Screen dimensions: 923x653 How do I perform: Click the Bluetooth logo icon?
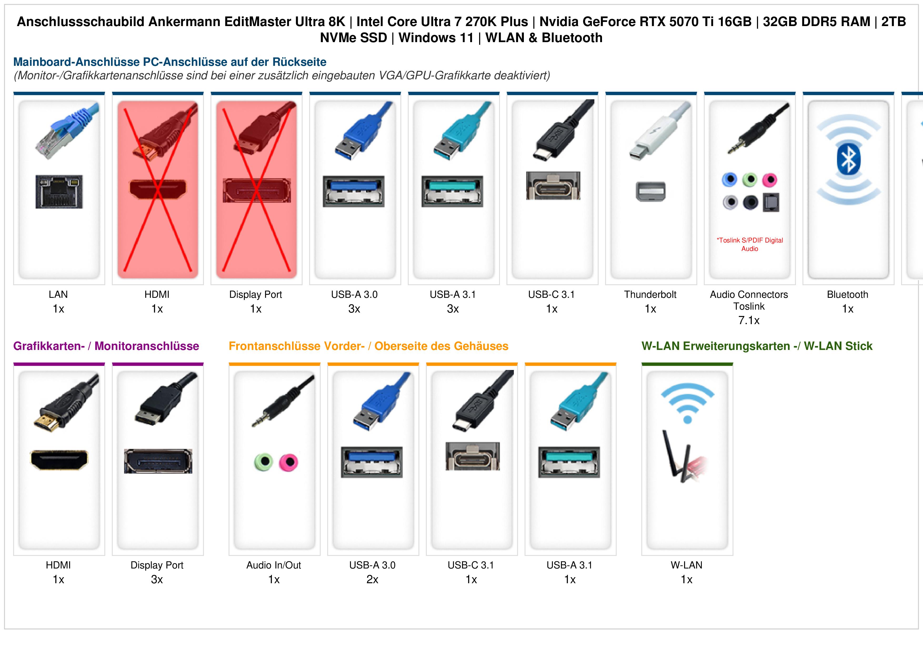(848, 160)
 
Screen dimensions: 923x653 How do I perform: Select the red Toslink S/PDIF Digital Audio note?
(750, 244)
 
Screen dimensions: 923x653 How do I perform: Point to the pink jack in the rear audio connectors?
(770, 180)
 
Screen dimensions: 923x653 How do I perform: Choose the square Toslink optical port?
(771, 203)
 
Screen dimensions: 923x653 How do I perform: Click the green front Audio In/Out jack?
(264, 462)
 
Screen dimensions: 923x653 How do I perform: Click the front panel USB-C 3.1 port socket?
(473, 456)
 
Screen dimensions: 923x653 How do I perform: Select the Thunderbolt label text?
(650, 295)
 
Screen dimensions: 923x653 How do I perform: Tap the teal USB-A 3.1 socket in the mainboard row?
(452, 191)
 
